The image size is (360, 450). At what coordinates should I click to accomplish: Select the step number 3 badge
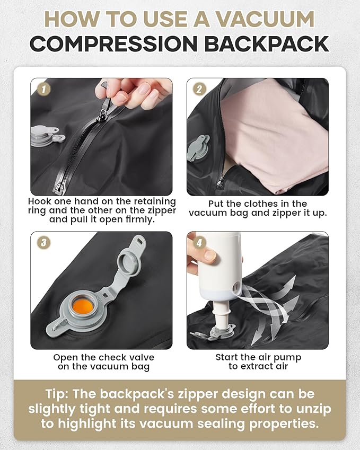click(x=42, y=243)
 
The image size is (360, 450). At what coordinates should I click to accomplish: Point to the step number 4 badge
click(x=198, y=243)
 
